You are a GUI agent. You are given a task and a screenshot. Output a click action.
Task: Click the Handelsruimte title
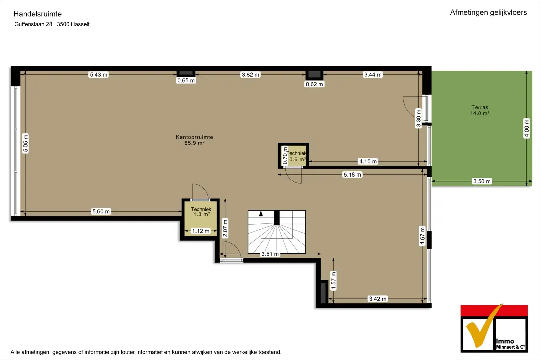tap(38, 14)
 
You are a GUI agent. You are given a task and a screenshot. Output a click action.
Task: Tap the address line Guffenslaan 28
tap(33, 24)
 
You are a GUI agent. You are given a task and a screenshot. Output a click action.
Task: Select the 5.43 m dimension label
tap(98, 75)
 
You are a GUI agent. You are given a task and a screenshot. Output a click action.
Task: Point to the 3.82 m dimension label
tap(250, 75)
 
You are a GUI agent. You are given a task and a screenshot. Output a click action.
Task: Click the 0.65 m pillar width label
tap(186, 80)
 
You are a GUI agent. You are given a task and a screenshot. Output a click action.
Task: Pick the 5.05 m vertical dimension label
tap(26, 143)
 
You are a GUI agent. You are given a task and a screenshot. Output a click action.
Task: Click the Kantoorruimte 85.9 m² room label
tap(194, 140)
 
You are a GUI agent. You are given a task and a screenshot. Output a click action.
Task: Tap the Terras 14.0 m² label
tap(480, 110)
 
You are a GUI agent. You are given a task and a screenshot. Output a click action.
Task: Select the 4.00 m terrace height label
tap(527, 128)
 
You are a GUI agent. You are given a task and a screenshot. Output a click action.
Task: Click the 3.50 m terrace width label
tap(482, 181)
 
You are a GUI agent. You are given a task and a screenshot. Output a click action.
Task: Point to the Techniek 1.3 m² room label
tap(201, 212)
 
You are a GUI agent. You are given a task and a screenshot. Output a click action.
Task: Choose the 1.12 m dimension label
tap(201, 231)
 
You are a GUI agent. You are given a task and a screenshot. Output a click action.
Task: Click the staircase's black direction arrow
tap(261, 214)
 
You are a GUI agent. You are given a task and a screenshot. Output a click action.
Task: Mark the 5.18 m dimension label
tap(352, 174)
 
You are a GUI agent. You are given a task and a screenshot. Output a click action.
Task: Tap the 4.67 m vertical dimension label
tap(422, 236)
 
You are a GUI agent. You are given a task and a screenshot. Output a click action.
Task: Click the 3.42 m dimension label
tap(378, 299)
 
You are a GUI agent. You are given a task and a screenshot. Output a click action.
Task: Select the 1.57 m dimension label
tap(333, 280)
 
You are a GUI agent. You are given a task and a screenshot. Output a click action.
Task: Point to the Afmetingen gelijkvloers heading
tap(488, 13)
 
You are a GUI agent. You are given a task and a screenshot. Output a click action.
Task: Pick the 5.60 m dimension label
tap(101, 211)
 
